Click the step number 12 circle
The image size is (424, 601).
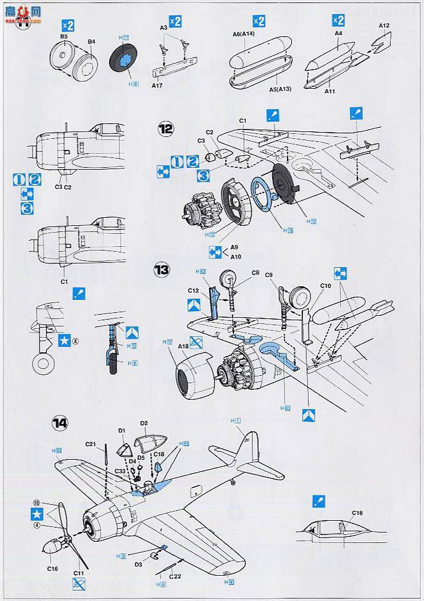(x=165, y=129)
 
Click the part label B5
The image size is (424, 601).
(x=64, y=37)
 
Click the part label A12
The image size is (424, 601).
(x=384, y=25)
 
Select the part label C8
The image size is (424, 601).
(x=255, y=272)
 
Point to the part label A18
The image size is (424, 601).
(x=183, y=346)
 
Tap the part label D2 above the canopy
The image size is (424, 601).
(x=144, y=423)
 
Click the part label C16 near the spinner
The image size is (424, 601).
(x=52, y=568)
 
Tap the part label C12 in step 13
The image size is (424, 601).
(x=193, y=290)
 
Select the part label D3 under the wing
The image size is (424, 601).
(x=139, y=563)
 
